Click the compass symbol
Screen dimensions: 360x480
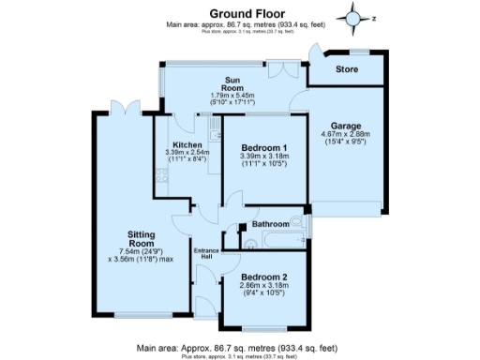tap(354, 17)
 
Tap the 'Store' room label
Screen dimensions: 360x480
tap(349, 69)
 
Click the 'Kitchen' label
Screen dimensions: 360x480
tap(187, 144)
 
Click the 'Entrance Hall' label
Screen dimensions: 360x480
tap(205, 255)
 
